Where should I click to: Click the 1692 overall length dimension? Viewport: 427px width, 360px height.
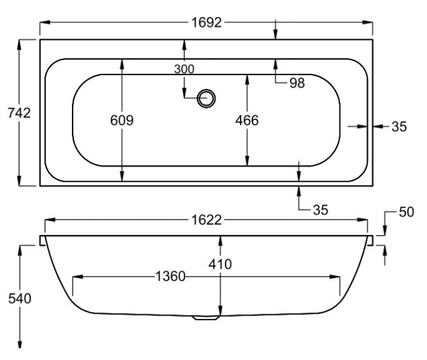(206, 23)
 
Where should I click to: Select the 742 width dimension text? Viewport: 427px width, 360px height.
(20, 113)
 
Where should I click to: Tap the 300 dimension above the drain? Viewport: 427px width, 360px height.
(184, 69)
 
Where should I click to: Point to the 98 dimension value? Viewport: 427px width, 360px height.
(297, 82)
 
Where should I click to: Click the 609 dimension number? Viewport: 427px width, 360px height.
(122, 120)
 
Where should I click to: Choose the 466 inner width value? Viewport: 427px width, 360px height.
(247, 120)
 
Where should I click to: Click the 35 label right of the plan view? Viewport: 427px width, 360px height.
(399, 127)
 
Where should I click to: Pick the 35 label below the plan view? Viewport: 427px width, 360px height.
(320, 210)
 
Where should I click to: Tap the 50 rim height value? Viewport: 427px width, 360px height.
(406, 213)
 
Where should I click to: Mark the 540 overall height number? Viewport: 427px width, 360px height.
(20, 299)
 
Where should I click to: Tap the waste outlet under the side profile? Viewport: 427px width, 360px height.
(205, 319)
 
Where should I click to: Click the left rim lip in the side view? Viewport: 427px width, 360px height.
(43, 240)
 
